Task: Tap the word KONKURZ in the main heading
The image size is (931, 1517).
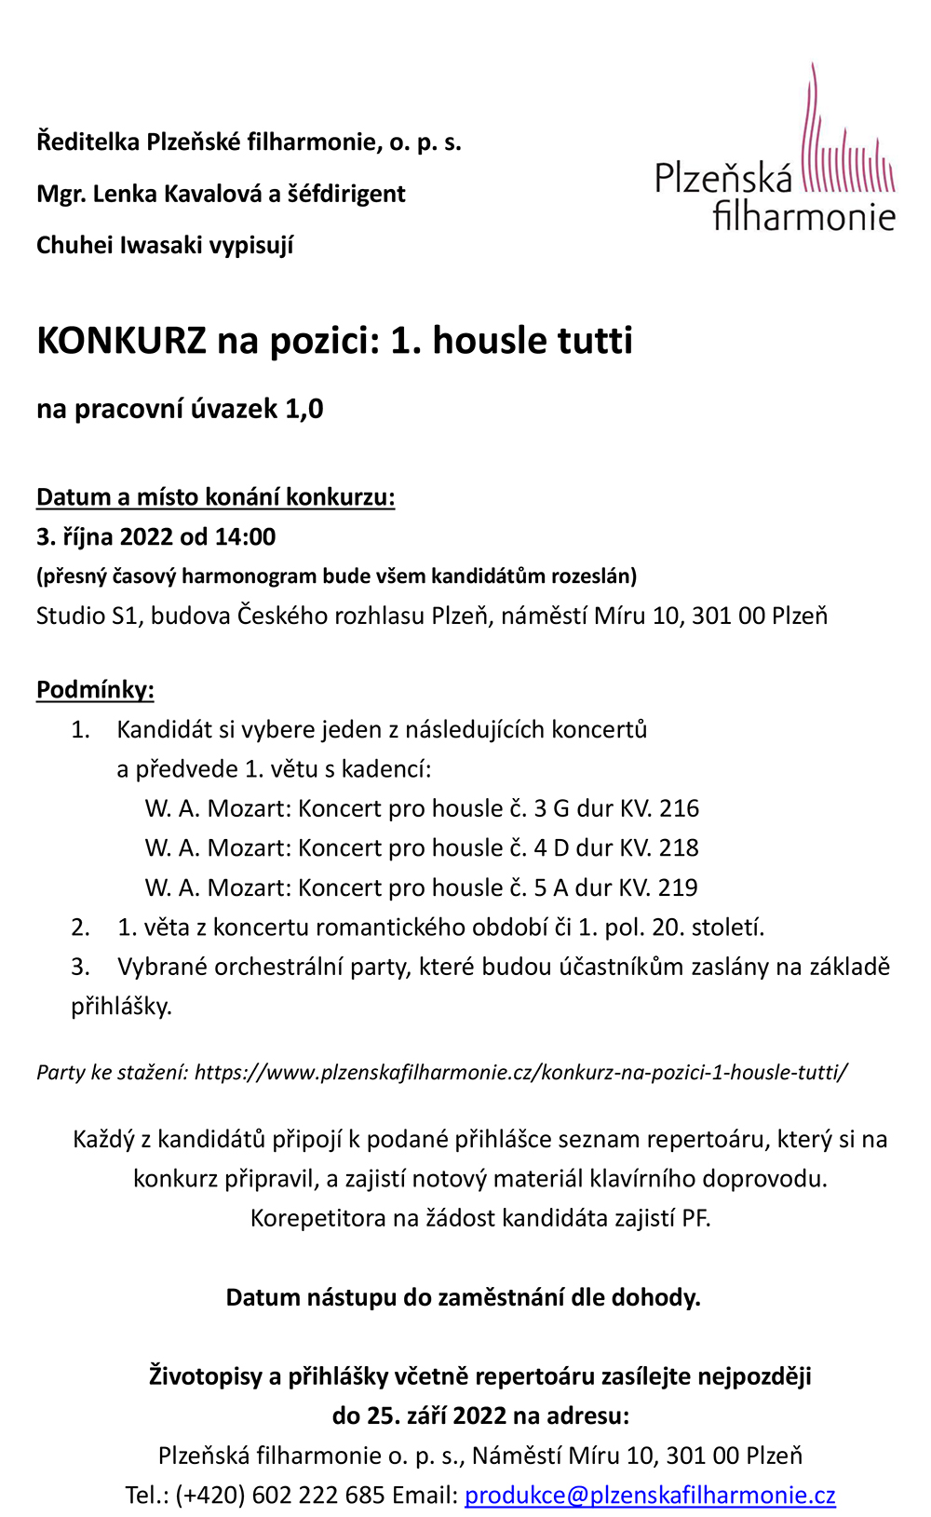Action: click(120, 341)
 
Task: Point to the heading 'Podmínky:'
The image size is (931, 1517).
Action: click(95, 690)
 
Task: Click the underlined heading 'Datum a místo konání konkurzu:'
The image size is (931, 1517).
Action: click(216, 497)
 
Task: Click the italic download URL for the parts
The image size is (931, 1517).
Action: click(520, 1072)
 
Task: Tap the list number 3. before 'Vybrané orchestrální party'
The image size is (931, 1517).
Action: click(80, 967)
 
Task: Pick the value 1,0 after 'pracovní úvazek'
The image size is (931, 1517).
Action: click(304, 409)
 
